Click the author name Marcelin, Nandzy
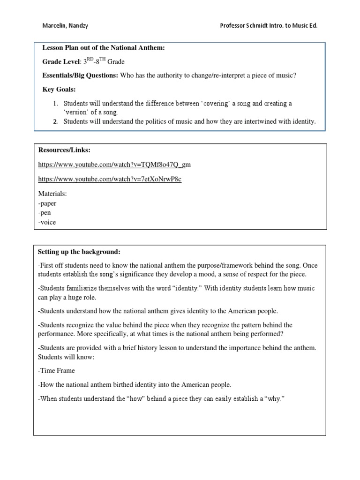(64, 26)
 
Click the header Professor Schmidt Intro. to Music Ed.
(269, 26)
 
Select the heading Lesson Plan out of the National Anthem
(104, 48)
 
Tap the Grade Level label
(60, 61)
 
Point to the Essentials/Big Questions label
(80, 75)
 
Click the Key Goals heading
(59, 89)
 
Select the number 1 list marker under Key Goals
(55, 103)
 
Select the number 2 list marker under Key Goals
(55, 121)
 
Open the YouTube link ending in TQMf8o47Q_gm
(114, 165)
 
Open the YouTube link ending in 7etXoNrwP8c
(110, 180)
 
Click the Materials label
(52, 193)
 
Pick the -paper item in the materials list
(47, 203)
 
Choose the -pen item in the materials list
(45, 213)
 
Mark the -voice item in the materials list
(46, 222)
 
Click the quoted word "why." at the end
(273, 398)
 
